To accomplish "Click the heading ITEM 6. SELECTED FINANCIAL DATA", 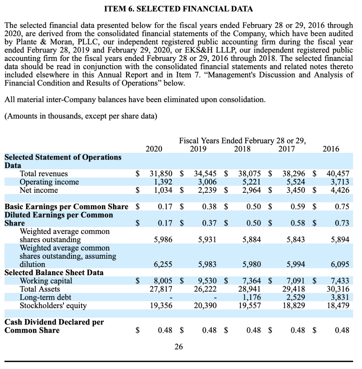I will click(x=178, y=9).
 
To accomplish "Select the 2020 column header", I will click(x=154, y=148).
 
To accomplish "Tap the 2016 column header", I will click(x=331, y=148).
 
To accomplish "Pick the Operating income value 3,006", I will click(x=208, y=182).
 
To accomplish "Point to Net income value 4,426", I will click(x=340, y=190).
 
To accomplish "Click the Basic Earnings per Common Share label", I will click(x=66, y=207).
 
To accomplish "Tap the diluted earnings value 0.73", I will click(x=341, y=223).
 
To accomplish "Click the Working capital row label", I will click(x=46, y=281).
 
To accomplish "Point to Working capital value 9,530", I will click(x=208, y=281).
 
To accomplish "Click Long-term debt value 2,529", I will click(x=296, y=297).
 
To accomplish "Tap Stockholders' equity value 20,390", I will click(x=205, y=306).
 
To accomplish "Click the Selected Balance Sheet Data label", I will click(x=54, y=272).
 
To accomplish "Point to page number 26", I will click(x=178, y=347).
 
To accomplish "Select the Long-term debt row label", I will click(x=45, y=297).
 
